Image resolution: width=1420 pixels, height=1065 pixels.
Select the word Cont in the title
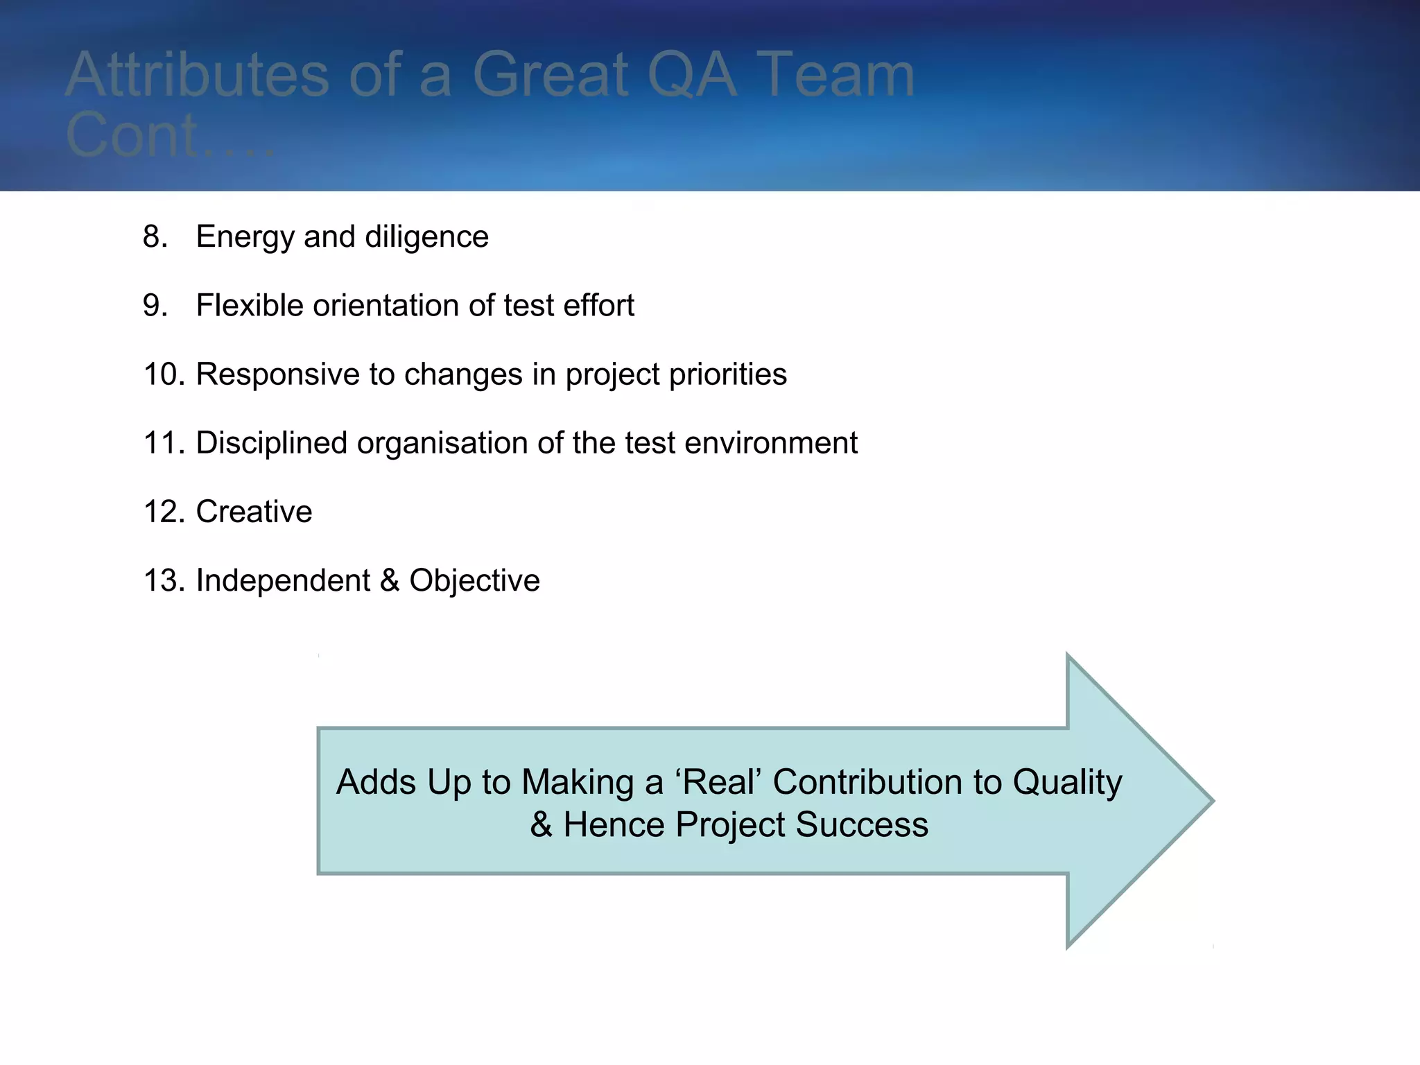point(132,136)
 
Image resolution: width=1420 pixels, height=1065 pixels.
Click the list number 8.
point(155,237)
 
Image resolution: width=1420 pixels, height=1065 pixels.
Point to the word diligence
point(426,237)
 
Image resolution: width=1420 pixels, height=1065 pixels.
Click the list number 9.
point(155,306)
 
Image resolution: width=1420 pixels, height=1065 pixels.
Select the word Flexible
point(250,306)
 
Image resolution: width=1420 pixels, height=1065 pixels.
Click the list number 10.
point(163,374)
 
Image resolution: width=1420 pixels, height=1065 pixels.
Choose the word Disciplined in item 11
point(271,443)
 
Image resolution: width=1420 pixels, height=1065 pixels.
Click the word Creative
point(254,512)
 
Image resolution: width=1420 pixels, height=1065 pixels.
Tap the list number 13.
point(163,580)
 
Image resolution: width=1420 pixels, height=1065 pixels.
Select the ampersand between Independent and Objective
point(390,580)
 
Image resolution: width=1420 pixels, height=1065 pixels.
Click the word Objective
point(474,580)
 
